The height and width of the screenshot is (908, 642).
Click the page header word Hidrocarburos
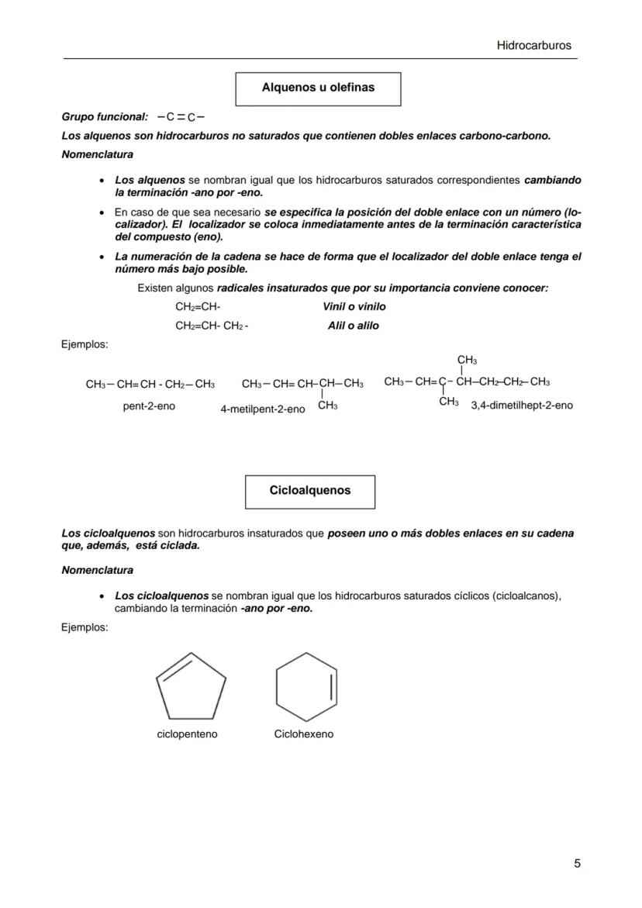(x=533, y=46)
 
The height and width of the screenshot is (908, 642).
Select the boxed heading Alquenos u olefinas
(x=318, y=88)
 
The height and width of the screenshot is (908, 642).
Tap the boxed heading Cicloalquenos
(x=310, y=491)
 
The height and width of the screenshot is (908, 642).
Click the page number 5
(x=577, y=863)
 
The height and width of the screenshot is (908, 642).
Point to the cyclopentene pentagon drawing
(x=191, y=686)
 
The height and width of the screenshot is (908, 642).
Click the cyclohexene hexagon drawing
(x=307, y=686)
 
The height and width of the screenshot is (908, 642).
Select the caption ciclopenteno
(x=187, y=734)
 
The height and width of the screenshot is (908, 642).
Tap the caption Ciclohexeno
(x=304, y=734)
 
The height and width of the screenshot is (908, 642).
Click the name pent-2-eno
(x=149, y=406)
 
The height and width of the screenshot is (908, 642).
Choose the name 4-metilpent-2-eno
(x=262, y=409)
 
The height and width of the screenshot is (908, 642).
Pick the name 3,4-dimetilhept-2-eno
(x=522, y=406)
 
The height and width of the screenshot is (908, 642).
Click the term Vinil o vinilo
(x=354, y=307)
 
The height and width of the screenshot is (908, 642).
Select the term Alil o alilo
(x=354, y=326)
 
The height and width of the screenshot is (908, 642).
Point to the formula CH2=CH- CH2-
(x=212, y=326)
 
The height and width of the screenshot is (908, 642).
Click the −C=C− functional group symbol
(x=180, y=118)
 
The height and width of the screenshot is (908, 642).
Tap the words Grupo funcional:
(x=105, y=117)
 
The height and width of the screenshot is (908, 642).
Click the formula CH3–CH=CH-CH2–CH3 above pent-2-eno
(x=150, y=384)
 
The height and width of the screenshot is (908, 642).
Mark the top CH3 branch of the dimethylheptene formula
(x=467, y=360)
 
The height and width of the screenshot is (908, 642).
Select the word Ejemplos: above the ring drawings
(x=85, y=627)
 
